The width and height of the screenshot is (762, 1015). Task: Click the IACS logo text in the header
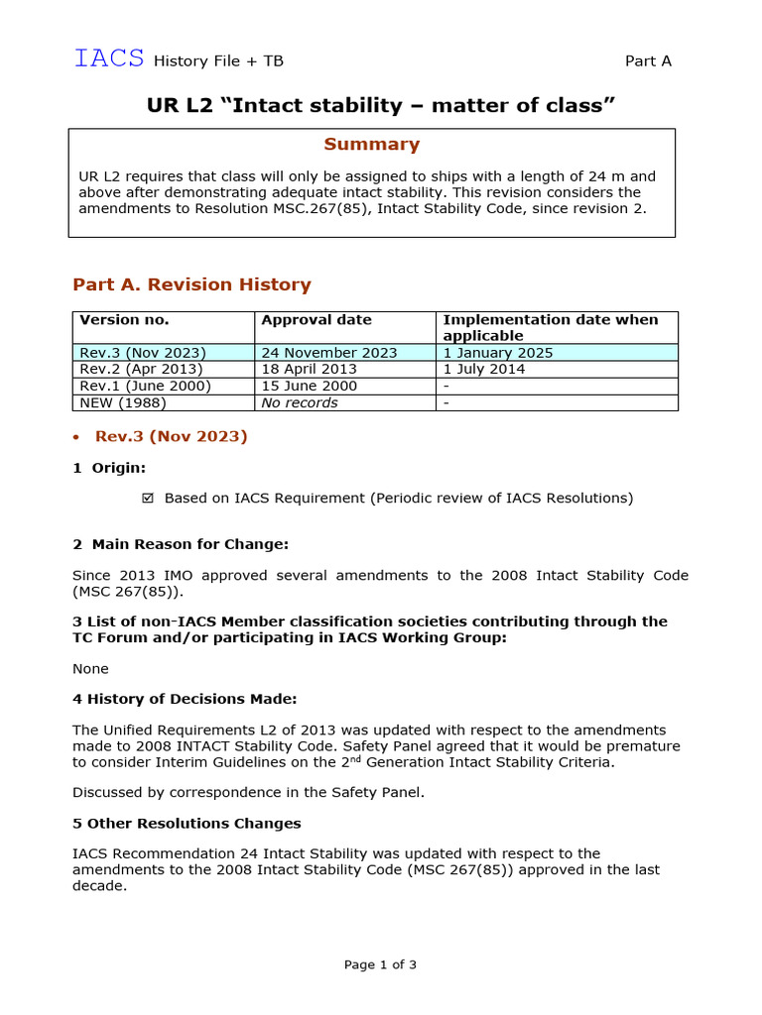[x=109, y=58]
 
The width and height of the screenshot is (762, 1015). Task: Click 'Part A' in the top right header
[x=648, y=61]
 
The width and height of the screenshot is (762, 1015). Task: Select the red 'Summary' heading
[x=371, y=145]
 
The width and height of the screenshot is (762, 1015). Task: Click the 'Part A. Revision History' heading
[x=191, y=284]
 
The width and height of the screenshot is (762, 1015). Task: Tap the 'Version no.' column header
[x=124, y=320]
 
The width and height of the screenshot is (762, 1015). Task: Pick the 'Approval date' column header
[x=316, y=320]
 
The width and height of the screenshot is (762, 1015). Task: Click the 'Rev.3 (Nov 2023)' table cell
[x=143, y=353]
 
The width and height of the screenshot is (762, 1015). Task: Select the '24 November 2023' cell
[x=328, y=353]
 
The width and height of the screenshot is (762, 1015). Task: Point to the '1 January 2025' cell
[x=497, y=353]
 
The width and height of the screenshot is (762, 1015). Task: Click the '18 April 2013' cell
[x=309, y=370]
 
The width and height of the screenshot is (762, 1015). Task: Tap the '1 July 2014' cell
[x=483, y=370]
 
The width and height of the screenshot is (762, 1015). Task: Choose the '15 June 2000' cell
[x=309, y=387]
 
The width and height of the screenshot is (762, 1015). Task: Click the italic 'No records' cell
[x=299, y=403]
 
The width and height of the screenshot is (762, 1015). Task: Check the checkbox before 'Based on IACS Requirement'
[x=149, y=499]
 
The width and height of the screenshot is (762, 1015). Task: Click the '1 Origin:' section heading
[x=109, y=468]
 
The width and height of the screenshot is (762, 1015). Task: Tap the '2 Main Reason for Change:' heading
[x=181, y=544]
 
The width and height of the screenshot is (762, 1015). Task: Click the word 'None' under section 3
[x=90, y=669]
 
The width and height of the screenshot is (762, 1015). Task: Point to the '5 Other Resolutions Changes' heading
[x=187, y=824]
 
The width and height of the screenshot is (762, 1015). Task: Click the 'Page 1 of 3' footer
[x=380, y=964]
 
